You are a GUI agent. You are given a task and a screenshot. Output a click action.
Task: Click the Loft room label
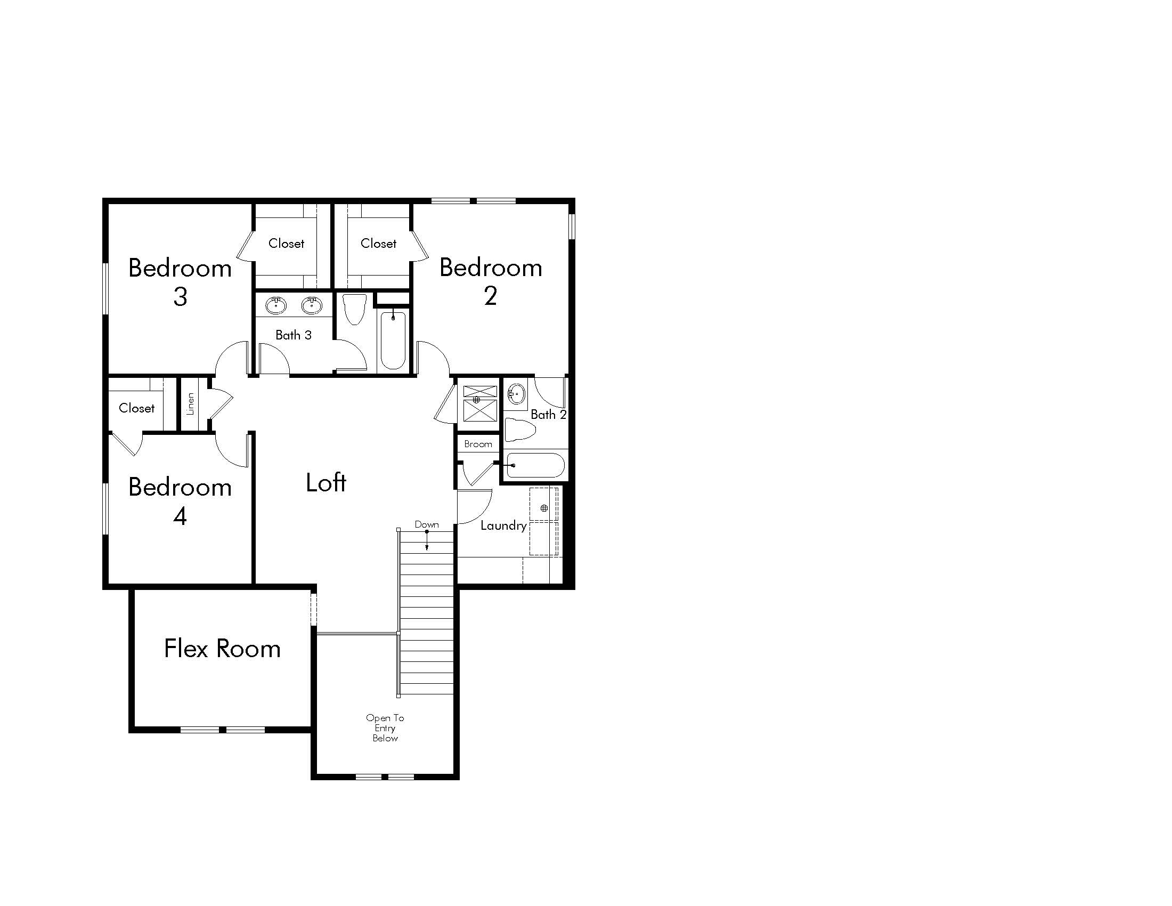(325, 482)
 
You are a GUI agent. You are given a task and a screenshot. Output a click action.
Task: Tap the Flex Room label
(222, 649)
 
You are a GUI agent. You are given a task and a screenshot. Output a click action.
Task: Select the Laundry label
(503, 525)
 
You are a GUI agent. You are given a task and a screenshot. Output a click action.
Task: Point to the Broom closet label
(478, 444)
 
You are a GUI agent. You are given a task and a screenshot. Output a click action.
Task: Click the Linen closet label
(190, 404)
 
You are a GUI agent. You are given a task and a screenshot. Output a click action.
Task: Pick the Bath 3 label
(293, 335)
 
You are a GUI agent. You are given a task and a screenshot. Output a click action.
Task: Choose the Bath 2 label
(548, 414)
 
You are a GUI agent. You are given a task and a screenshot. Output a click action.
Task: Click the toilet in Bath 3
(354, 309)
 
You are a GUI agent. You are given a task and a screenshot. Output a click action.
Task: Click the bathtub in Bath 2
(535, 465)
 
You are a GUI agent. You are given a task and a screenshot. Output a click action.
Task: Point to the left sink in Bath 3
(276, 305)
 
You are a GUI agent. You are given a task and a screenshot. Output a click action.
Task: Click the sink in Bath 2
(516, 394)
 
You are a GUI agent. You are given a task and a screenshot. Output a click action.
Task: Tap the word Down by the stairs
(427, 524)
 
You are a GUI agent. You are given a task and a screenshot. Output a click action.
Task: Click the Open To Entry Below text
(385, 728)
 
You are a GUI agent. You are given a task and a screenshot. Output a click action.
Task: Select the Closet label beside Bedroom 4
(136, 408)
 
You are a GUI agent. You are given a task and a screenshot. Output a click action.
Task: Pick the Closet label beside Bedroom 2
(378, 243)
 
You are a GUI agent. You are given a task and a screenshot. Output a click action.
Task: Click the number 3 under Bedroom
(180, 296)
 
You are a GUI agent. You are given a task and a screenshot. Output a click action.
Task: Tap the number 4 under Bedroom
(180, 516)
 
